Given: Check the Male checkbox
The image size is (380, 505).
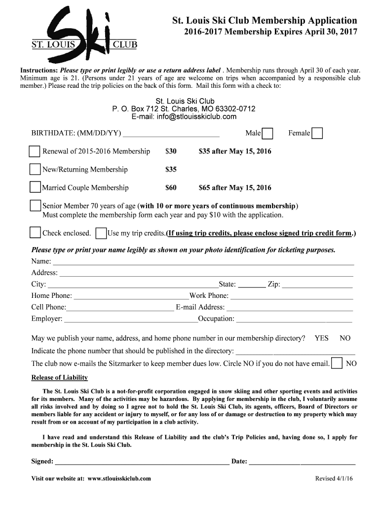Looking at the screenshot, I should [267, 134].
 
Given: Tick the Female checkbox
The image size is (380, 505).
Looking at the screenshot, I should [317, 134].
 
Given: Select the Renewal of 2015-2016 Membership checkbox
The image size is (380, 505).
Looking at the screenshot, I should [35, 151].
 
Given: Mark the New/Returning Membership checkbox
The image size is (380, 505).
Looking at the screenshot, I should [35, 170].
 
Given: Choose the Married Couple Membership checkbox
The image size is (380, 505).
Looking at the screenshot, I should [35, 187].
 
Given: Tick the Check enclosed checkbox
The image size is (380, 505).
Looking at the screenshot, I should [35, 233].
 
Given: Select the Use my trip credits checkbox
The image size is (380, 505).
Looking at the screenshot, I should [101, 233].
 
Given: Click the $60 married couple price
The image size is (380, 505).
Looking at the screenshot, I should [171, 188].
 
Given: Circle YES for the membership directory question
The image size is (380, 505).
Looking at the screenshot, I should [321, 338].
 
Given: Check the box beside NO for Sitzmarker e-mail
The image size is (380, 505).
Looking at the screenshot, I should [337, 364].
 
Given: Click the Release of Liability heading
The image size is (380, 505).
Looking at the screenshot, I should [59, 378].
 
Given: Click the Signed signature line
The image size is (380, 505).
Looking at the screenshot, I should [142, 463].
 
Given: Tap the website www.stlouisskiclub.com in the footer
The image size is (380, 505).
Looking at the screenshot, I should [119, 478].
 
